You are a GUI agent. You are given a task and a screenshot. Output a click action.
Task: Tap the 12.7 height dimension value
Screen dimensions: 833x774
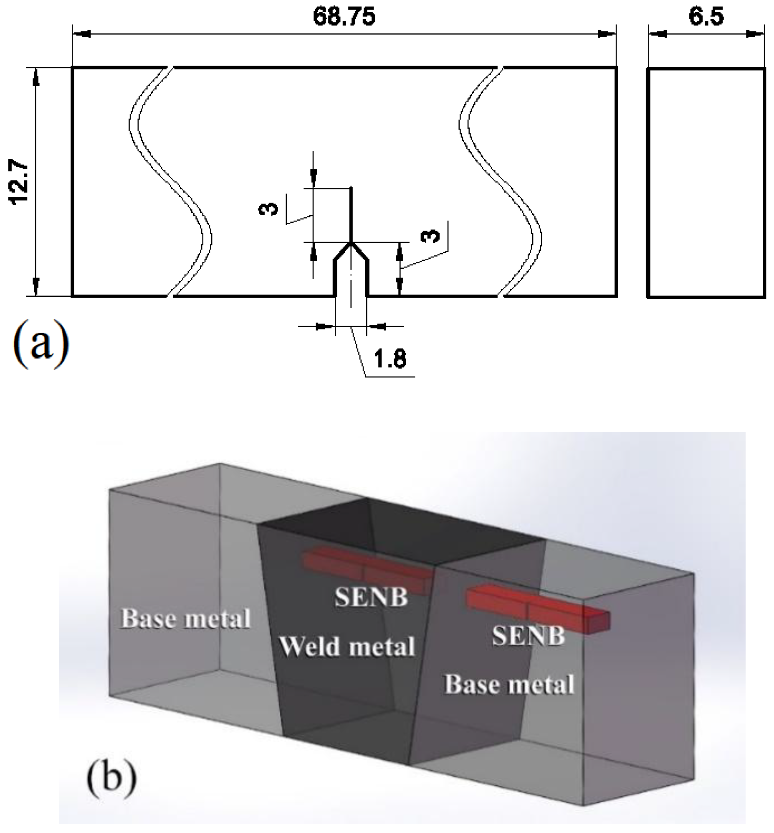tap(20, 182)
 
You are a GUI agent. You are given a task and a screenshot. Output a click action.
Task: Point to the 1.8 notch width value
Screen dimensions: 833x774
tap(390, 359)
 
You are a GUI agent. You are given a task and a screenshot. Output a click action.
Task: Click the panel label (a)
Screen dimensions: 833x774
tap(41, 344)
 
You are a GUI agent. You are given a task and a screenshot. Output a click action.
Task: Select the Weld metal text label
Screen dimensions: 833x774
tap(347, 647)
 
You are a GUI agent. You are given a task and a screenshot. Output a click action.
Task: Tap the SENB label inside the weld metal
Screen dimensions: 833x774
tap(371, 597)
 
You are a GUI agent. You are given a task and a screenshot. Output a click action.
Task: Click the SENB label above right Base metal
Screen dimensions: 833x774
tap(528, 636)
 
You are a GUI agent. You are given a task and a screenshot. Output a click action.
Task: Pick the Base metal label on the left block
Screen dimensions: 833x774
tap(185, 619)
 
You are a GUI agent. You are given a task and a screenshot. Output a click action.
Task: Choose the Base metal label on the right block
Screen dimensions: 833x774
tap(509, 685)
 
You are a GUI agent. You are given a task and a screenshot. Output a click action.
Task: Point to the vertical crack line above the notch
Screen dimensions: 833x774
tap(351, 214)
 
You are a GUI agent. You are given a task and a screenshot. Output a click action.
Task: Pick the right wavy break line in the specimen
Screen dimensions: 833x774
tap(500, 180)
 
